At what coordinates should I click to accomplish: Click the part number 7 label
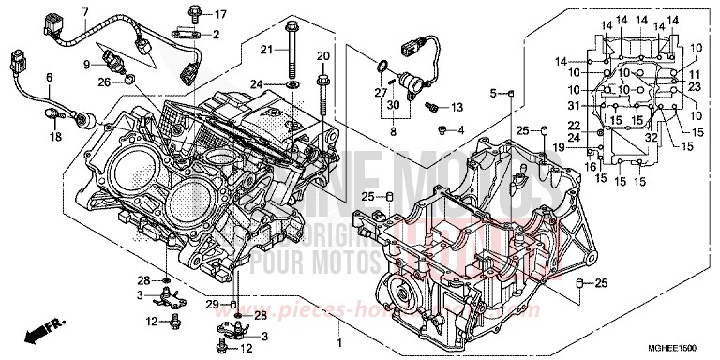pos(85,11)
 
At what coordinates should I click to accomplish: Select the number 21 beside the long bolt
pos(266,49)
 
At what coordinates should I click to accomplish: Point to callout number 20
pos(322,57)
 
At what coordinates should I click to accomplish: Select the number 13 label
pos(457,108)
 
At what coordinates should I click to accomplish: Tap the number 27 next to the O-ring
pos(382,91)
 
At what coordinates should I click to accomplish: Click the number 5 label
pos(492,93)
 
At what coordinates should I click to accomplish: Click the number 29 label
pos(213,306)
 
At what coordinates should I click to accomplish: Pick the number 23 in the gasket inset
pos(695,85)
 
